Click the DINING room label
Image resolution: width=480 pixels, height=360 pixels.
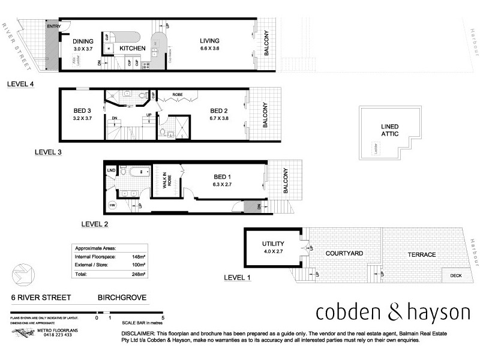click(84, 41)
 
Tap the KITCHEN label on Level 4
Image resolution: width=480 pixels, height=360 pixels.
click(133, 48)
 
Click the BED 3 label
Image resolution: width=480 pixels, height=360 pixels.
click(81, 111)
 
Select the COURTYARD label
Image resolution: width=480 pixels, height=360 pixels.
click(344, 254)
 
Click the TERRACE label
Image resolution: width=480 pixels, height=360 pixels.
click(422, 254)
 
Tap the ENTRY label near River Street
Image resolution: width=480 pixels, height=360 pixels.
click(54, 27)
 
